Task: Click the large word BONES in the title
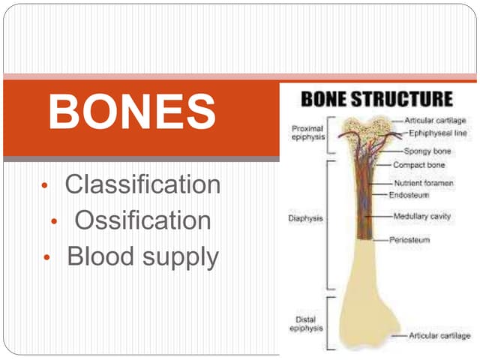[x=132, y=112]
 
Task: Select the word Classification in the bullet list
[x=142, y=184]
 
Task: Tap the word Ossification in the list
[x=142, y=220]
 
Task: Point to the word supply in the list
[x=178, y=258]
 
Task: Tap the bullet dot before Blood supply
[x=46, y=258]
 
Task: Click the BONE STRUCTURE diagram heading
[x=376, y=98]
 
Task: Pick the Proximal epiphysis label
[x=308, y=133]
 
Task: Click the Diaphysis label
[x=305, y=219]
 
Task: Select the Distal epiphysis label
[x=307, y=323]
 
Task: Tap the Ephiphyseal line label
[x=438, y=133]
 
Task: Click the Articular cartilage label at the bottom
[x=439, y=335]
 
